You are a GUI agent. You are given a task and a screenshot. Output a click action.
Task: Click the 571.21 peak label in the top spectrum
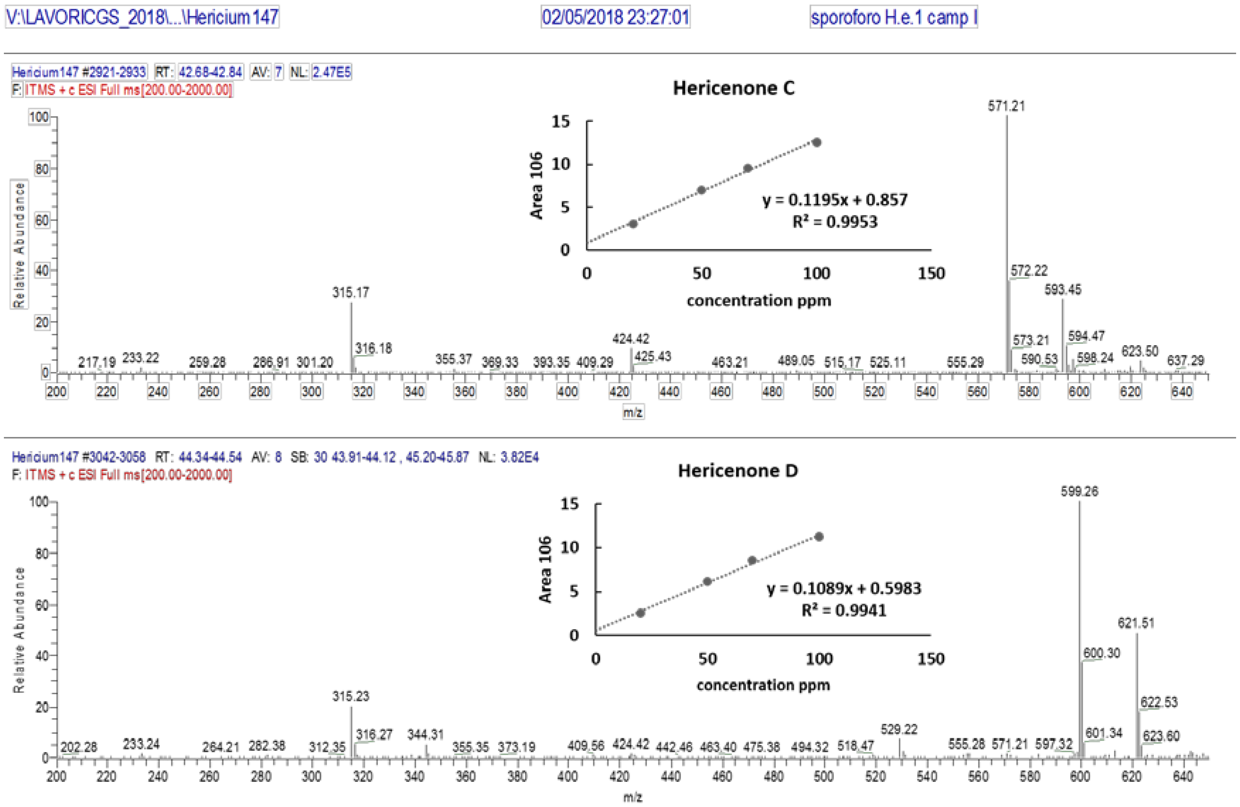[1006, 106]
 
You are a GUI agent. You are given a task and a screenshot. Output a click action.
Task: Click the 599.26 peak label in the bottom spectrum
[1079, 492]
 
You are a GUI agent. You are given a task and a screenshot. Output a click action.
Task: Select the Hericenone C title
[733, 88]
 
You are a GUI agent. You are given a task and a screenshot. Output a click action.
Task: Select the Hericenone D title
[737, 471]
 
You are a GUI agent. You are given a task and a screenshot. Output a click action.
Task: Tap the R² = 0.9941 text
[844, 610]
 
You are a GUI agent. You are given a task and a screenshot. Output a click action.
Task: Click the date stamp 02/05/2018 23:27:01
[615, 17]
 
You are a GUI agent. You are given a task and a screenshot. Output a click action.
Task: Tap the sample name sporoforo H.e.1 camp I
[893, 17]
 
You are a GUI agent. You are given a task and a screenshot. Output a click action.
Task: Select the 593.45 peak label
[1062, 290]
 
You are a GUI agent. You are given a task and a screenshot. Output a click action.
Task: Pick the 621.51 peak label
[1136, 623]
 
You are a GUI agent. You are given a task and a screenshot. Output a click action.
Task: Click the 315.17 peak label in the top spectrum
[351, 292]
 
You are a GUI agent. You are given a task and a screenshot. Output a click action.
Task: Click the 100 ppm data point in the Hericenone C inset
[816, 142]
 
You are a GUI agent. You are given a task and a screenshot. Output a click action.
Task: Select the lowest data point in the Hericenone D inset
[640, 613]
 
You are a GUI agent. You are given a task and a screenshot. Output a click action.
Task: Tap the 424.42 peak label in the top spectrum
[630, 339]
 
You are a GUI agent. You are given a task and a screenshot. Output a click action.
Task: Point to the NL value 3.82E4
[519, 457]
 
